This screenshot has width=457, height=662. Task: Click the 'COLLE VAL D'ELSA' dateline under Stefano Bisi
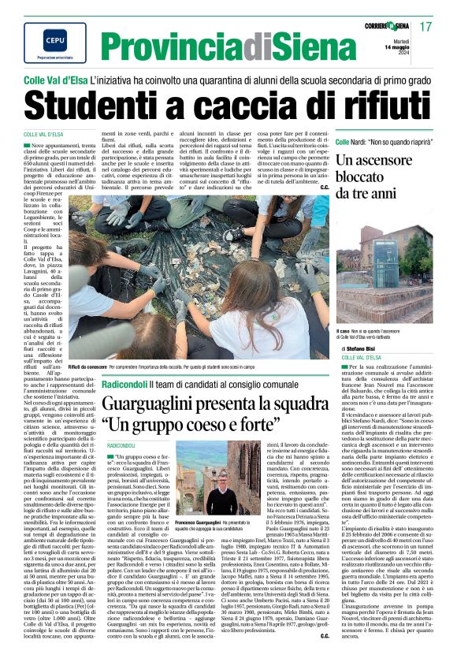click(x=362, y=357)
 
